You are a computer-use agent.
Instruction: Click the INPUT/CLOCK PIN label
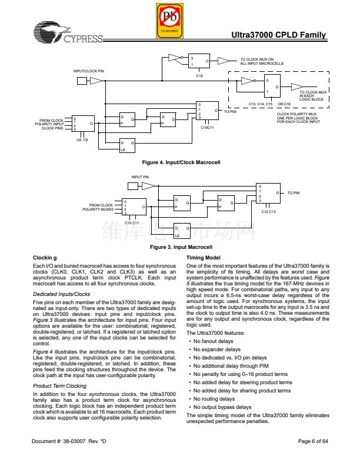(x=88, y=71)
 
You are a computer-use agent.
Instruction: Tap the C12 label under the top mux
(x=199, y=75)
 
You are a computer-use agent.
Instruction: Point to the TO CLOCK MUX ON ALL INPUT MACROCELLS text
(x=262, y=61)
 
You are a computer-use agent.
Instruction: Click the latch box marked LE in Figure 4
(x=128, y=146)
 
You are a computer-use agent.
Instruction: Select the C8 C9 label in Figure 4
(x=82, y=139)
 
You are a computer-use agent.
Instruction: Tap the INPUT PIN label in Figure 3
(x=140, y=177)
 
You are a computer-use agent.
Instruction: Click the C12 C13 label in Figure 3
(x=268, y=211)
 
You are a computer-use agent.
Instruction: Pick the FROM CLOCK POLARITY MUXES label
(x=98, y=207)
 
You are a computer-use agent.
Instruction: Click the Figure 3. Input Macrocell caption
(x=181, y=247)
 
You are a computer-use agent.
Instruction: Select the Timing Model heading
(x=203, y=258)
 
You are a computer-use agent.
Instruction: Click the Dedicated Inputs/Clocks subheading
(x=61, y=294)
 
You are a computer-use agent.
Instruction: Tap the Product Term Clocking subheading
(x=60, y=386)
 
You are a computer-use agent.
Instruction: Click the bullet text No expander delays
(x=212, y=349)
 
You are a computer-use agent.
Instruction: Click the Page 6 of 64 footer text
(x=312, y=441)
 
